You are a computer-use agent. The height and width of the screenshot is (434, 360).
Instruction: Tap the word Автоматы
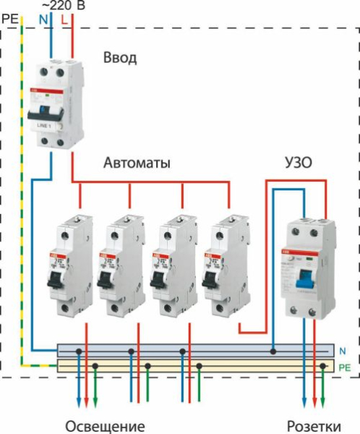coord(137,163)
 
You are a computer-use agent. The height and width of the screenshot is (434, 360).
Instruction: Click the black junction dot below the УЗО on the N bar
coord(274,352)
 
